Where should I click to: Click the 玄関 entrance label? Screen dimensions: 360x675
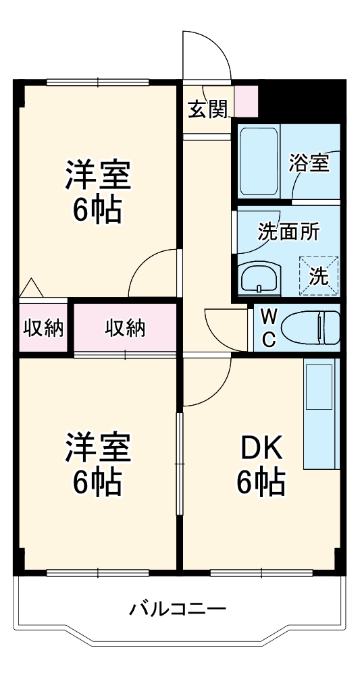point(207,111)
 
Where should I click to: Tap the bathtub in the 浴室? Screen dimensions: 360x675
point(259,162)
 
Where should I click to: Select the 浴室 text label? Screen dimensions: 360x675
point(309,163)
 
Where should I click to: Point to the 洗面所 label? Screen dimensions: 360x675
point(288,232)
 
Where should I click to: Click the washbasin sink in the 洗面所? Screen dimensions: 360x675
point(259,277)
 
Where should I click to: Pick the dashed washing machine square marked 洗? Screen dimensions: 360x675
point(319,275)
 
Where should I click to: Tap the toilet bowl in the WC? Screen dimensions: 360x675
point(310,328)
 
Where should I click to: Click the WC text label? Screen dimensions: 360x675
point(269,329)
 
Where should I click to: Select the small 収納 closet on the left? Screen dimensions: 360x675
point(43,329)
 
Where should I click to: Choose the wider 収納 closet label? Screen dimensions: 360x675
point(125,329)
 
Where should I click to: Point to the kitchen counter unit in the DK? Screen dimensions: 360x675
point(322,414)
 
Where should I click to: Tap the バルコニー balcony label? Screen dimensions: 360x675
point(178,609)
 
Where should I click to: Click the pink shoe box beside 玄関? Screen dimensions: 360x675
point(247,101)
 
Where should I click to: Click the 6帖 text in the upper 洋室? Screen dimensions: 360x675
point(97,209)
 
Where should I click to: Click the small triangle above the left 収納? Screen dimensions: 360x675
point(30,288)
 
